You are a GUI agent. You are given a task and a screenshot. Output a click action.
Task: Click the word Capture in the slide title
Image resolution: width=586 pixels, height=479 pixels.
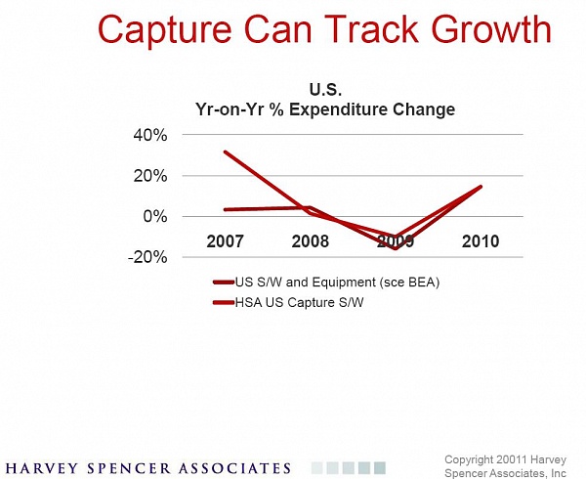164,30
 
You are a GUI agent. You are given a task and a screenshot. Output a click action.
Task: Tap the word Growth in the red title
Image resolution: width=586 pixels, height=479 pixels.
492,28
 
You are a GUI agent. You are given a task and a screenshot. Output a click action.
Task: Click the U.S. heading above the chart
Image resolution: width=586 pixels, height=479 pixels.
325,90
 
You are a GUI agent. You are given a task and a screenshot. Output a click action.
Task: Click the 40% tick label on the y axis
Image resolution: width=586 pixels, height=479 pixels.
150,135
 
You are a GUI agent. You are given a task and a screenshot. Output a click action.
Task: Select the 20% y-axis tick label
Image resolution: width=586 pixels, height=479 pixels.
150,176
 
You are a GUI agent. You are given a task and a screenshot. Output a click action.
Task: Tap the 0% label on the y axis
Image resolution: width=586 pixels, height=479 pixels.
154,216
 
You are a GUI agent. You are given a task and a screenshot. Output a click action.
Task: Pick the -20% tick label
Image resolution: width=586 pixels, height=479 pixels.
147,257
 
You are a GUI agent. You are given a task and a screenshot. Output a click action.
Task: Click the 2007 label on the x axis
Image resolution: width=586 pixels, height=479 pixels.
225,241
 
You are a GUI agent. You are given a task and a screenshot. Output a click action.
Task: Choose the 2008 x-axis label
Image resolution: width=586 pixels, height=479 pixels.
311,241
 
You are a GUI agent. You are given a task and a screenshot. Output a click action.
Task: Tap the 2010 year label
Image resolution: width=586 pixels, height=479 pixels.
481,241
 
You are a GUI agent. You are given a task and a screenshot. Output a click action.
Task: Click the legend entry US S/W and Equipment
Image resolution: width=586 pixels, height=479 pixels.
326,283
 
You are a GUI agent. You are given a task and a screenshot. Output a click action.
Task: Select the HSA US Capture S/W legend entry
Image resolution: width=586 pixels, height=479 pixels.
288,302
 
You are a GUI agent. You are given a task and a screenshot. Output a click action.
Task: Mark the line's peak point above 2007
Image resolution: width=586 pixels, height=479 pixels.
225,152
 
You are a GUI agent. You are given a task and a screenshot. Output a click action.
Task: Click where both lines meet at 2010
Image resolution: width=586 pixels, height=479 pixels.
481,186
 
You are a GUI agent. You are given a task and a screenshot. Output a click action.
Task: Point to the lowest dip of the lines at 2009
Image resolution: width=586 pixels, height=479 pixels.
396,248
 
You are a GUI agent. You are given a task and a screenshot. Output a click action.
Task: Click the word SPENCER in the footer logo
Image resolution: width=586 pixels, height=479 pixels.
128,468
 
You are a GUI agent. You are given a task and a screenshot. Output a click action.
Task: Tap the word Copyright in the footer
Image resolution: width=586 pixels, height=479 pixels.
469,459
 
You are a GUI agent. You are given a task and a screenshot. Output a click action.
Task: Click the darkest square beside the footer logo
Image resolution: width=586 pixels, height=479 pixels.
380,468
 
